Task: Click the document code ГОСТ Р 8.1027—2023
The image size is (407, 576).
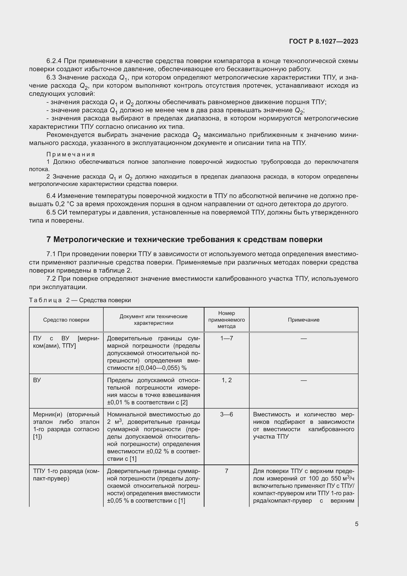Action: tap(324, 41)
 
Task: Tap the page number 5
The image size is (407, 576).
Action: tap(356, 524)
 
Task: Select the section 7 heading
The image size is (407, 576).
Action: tap(184, 240)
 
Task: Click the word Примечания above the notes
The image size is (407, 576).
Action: tap(71, 154)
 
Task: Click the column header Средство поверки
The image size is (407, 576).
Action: tap(66, 320)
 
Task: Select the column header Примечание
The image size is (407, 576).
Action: tap(303, 320)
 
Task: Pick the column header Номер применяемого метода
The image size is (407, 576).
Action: tap(226, 320)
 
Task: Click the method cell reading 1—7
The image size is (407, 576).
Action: tap(226, 338)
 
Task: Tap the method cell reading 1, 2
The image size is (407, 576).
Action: tap(226, 380)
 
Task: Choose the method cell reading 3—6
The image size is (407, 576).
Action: tap(226, 414)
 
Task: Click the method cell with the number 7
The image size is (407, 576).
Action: tap(226, 471)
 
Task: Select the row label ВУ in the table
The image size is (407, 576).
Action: tap(37, 380)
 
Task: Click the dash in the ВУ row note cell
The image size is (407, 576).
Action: tap(303, 380)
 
